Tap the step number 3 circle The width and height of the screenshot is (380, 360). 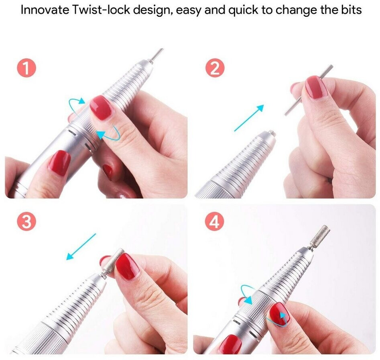point(26,222)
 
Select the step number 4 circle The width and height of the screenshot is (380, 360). point(215,222)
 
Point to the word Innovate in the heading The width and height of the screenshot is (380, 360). point(45,10)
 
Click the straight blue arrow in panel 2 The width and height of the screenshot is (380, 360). point(249,118)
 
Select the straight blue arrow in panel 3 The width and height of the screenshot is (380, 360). point(81,247)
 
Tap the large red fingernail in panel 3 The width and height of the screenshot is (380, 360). point(128,266)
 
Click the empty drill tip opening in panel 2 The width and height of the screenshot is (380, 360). point(271,133)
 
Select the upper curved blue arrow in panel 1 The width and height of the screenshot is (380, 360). point(77,104)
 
